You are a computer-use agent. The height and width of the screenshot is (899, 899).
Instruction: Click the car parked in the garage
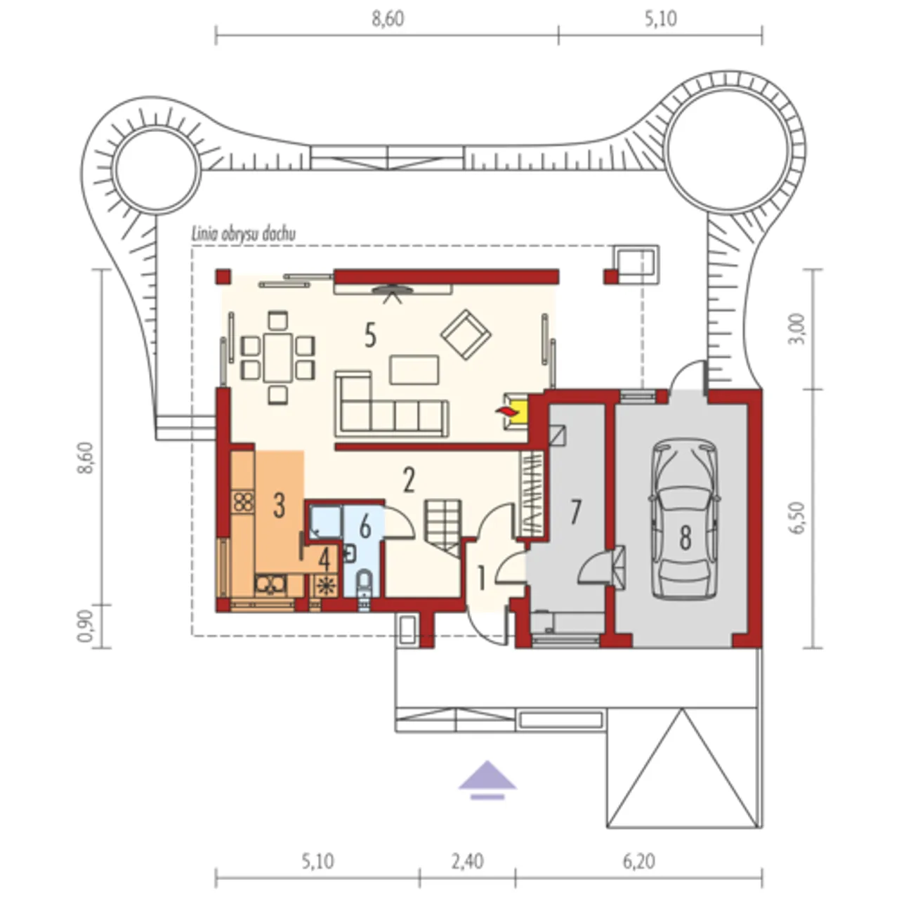point(685,519)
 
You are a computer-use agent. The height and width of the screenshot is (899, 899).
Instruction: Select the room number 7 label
point(576,511)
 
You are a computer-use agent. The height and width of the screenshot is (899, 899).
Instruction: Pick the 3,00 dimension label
point(799,329)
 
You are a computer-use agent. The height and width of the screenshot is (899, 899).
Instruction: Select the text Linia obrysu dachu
point(244,234)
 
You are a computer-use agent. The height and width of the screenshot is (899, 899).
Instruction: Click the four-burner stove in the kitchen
point(244,502)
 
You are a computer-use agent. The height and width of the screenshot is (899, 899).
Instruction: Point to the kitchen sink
point(270,585)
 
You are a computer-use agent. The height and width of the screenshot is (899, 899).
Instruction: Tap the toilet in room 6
point(364,585)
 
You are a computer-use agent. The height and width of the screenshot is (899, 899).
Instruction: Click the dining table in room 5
point(278,357)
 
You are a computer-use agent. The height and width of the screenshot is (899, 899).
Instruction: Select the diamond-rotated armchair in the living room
point(466,334)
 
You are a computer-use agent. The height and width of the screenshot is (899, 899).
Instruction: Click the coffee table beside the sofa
point(414,369)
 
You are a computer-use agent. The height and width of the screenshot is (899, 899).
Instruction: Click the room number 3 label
point(279,505)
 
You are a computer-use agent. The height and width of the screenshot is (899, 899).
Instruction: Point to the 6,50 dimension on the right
point(799,518)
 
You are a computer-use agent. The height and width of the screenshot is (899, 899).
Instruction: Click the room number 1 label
point(482,578)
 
